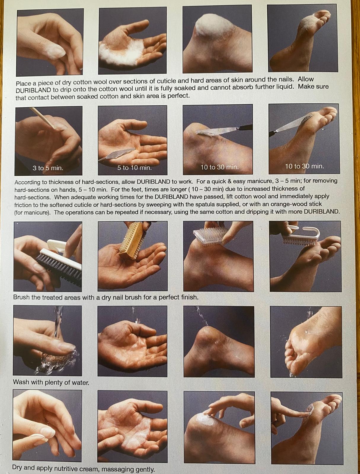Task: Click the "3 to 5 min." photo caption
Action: point(48,168)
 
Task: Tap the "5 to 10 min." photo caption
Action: point(134,168)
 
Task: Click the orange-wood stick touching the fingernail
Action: point(43,118)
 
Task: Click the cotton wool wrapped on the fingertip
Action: point(57,50)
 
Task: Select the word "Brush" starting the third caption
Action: point(21,297)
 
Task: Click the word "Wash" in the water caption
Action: point(21,382)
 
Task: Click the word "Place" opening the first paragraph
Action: point(23,83)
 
